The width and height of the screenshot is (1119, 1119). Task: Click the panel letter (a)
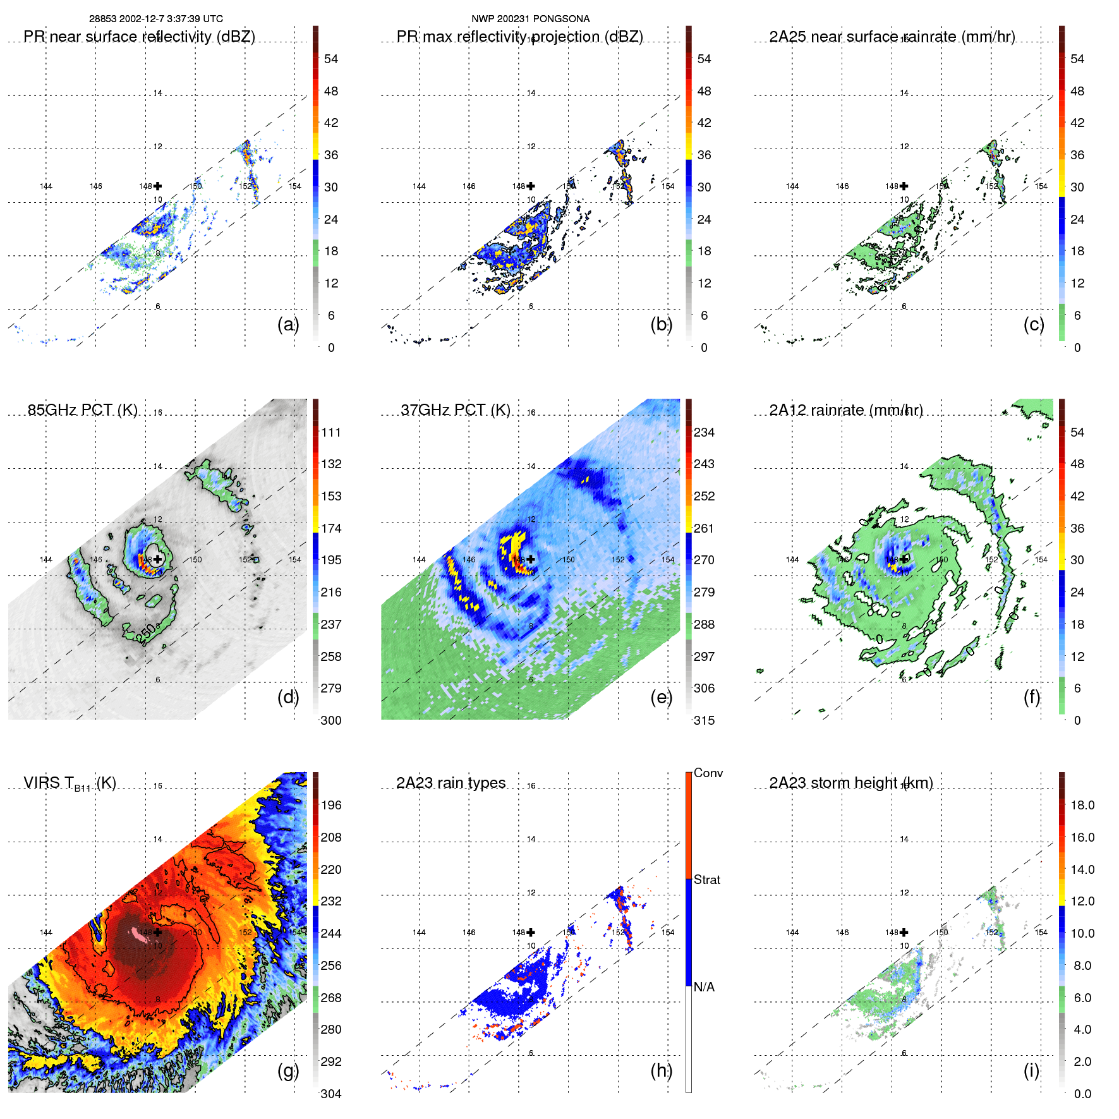click(287, 325)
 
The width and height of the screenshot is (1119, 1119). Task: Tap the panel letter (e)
click(661, 698)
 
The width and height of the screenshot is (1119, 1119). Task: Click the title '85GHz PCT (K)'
click(83, 410)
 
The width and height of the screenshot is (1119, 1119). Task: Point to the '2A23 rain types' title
click(451, 783)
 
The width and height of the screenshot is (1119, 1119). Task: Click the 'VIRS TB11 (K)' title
click(70, 783)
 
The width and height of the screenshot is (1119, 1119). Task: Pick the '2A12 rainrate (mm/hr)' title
click(846, 410)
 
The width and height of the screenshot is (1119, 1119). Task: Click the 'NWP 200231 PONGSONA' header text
click(530, 19)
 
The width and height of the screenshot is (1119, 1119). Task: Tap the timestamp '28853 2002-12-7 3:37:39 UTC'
click(155, 19)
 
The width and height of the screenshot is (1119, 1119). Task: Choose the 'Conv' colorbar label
click(708, 773)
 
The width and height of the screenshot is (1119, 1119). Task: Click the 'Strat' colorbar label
click(706, 880)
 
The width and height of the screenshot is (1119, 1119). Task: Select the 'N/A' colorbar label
click(704, 987)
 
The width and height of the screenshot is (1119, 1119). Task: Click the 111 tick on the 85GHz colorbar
click(331, 432)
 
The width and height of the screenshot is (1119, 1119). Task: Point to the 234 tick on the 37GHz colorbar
click(704, 432)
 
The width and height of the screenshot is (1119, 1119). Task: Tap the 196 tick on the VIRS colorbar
click(331, 805)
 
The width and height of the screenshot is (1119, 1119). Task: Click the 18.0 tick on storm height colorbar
click(1082, 805)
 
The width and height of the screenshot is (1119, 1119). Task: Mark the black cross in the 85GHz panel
click(158, 559)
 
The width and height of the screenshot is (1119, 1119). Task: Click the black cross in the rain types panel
click(531, 932)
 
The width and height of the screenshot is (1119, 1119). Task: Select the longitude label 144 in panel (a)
click(46, 186)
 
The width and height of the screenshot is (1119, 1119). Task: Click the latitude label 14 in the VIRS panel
click(158, 839)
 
